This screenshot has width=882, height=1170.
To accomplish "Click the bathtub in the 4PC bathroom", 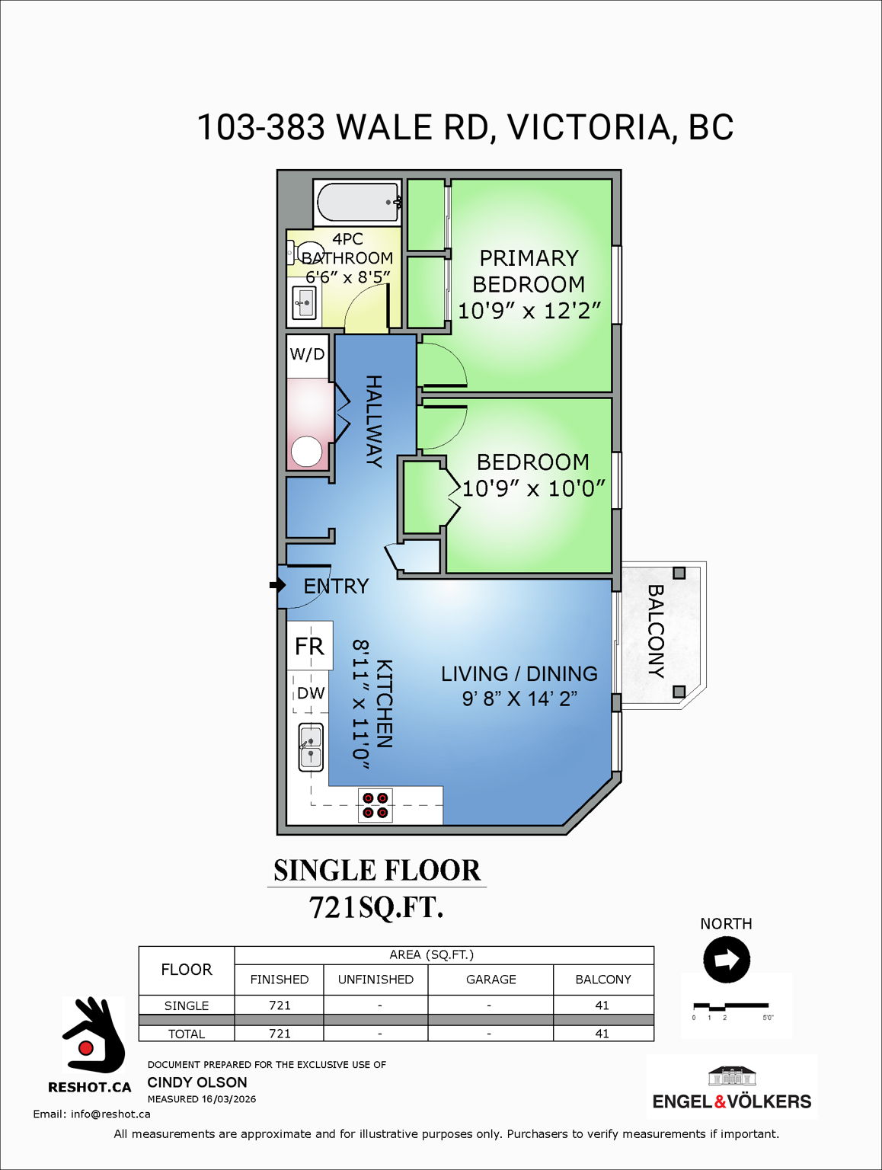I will (357, 202).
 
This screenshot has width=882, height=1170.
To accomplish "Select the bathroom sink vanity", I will (304, 303).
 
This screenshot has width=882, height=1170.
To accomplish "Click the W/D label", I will (307, 354).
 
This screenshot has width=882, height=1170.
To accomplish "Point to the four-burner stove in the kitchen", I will (375, 805).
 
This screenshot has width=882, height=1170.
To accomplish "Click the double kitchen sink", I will (310, 746).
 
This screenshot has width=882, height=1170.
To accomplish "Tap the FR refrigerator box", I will (309, 646).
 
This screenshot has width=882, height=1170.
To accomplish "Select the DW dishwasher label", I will (310, 693).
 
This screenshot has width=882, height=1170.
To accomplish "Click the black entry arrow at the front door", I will (276, 585).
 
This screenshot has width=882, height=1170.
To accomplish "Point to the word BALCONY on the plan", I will (655, 631).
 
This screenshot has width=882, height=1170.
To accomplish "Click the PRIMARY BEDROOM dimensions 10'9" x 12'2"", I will (529, 311).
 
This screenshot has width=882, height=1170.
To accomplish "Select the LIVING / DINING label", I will (519, 673).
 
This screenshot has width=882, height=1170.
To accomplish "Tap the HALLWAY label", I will (373, 420).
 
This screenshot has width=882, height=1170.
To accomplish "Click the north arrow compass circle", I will (727, 959).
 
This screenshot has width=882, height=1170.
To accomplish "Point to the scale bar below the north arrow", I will (730, 1006).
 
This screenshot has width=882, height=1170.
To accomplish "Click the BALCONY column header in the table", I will (602, 980).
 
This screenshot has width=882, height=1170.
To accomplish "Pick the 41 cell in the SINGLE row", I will (602, 1005).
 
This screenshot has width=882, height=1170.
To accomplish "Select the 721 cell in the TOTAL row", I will (280, 1034).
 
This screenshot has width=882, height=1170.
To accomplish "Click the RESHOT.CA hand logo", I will (93, 1036).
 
